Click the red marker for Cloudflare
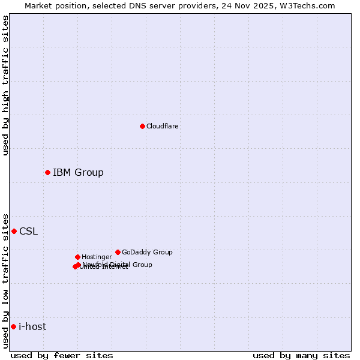pyautogui.click(x=142, y=126)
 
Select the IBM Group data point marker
pyautogui.click(x=47, y=173)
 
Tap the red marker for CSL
pyautogui.click(x=14, y=231)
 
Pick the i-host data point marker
pyautogui.click(x=13, y=326)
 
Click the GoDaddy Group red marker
pyautogui.click(x=118, y=252)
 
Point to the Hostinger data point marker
pyautogui.click(x=77, y=257)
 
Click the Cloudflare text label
pyautogui.click(x=163, y=126)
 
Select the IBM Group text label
pyautogui.click(x=78, y=173)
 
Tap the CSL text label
pyautogui.click(x=28, y=232)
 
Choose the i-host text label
pyautogui.click(x=32, y=327)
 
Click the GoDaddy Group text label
pyautogui.click(x=147, y=252)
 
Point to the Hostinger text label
pyautogui.click(x=97, y=257)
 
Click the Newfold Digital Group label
pyautogui.click(x=118, y=265)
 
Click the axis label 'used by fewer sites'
pyautogui.click(x=62, y=355)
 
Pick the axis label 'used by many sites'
pyautogui.click(x=301, y=355)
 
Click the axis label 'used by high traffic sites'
pyautogui.click(x=5, y=85)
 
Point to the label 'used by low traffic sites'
pyautogui.click(x=5, y=280)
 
